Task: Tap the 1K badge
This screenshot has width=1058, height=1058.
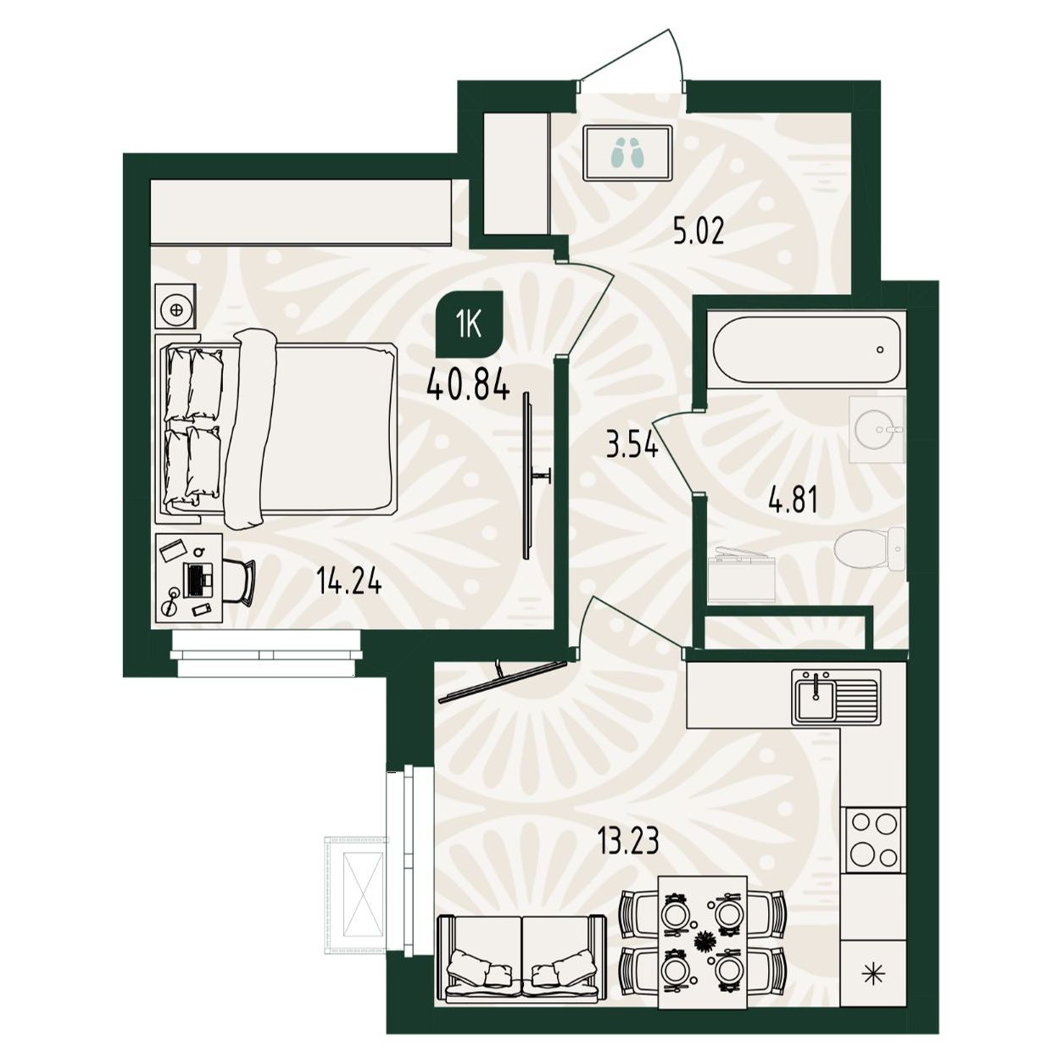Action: coord(470,324)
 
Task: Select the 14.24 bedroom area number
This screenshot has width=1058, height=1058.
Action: coord(348,582)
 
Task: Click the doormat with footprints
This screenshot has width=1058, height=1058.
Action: coord(627,153)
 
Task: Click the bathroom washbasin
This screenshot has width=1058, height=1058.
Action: coord(877,430)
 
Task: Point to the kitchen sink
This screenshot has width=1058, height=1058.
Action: coord(834,698)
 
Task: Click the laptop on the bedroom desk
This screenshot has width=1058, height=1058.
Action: coord(198,581)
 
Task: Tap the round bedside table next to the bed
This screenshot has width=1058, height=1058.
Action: coord(176,309)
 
